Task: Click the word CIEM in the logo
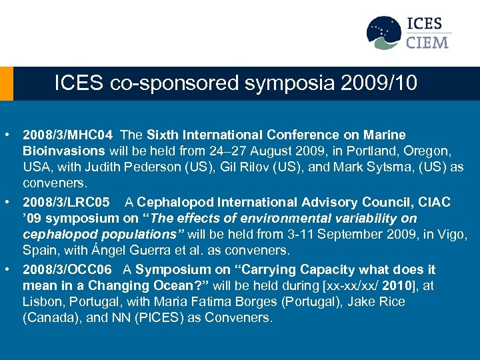pos(428,43)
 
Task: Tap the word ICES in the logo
pos(425,24)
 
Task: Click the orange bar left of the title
pos(7,83)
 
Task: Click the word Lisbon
pos(43,302)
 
